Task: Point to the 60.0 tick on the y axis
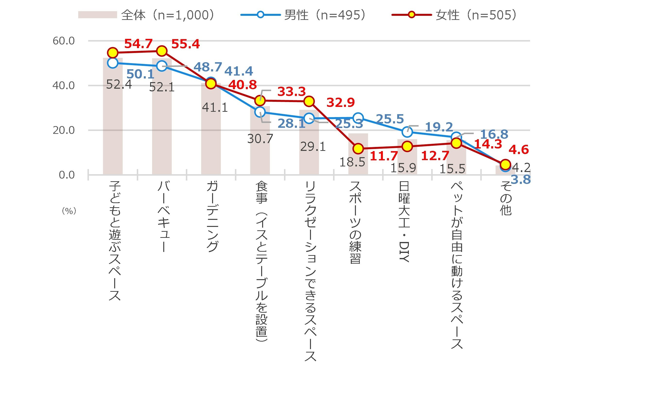(x=63, y=41)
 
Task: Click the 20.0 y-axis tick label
(x=63, y=130)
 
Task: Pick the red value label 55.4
(x=185, y=44)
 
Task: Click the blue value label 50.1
(x=140, y=74)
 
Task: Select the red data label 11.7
(x=384, y=156)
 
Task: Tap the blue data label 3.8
(x=521, y=180)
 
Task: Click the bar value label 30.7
(x=260, y=139)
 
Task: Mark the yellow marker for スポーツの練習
(x=358, y=149)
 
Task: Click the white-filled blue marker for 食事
(x=260, y=112)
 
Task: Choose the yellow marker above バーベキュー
(x=162, y=51)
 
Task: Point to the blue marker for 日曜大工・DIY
(x=407, y=132)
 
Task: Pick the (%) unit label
(x=69, y=211)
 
